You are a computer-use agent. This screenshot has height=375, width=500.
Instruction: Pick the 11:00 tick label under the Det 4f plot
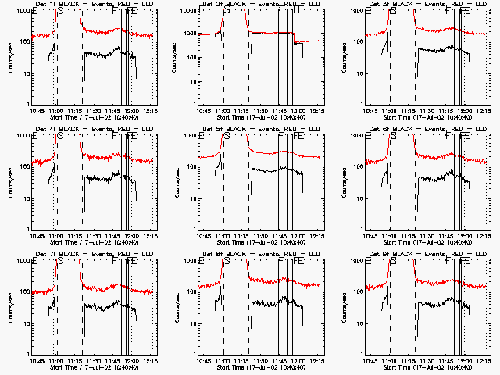click(55, 235)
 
